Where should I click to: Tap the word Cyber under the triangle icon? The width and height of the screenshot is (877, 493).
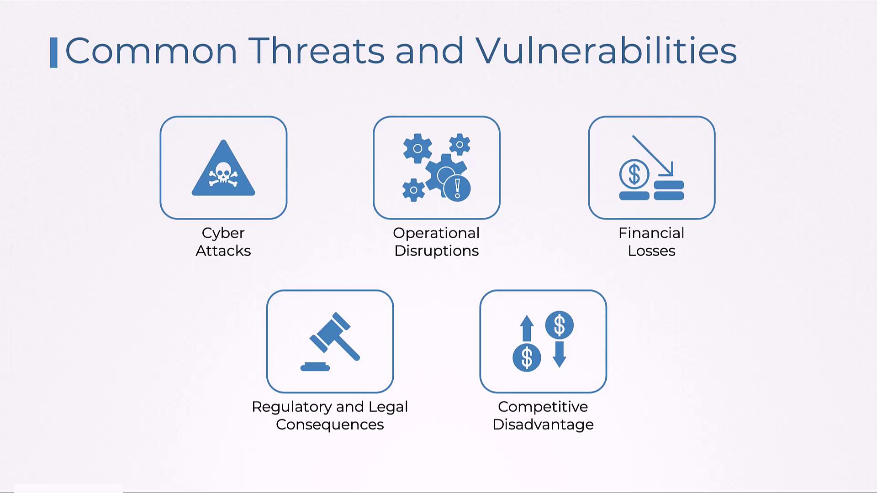223,234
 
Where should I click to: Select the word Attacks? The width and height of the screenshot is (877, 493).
223,251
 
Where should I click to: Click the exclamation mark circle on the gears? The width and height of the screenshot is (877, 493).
457,188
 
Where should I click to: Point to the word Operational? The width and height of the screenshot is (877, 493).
436,234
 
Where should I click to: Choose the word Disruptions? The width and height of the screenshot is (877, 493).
436,251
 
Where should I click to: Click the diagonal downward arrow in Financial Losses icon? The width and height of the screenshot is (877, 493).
653,155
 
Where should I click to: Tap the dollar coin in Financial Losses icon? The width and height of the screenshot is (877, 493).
634,174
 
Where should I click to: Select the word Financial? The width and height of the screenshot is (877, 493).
651,233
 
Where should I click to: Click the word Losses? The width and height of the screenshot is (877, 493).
651,251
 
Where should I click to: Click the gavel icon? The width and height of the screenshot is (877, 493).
330,341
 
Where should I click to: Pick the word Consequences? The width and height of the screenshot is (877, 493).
330,425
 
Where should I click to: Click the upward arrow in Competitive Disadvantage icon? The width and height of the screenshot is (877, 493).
527,328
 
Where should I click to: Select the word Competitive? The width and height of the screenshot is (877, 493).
543,407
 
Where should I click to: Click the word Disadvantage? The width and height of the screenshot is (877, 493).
543,425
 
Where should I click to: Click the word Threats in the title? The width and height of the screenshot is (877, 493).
317,50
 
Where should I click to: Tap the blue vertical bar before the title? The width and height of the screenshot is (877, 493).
54,52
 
